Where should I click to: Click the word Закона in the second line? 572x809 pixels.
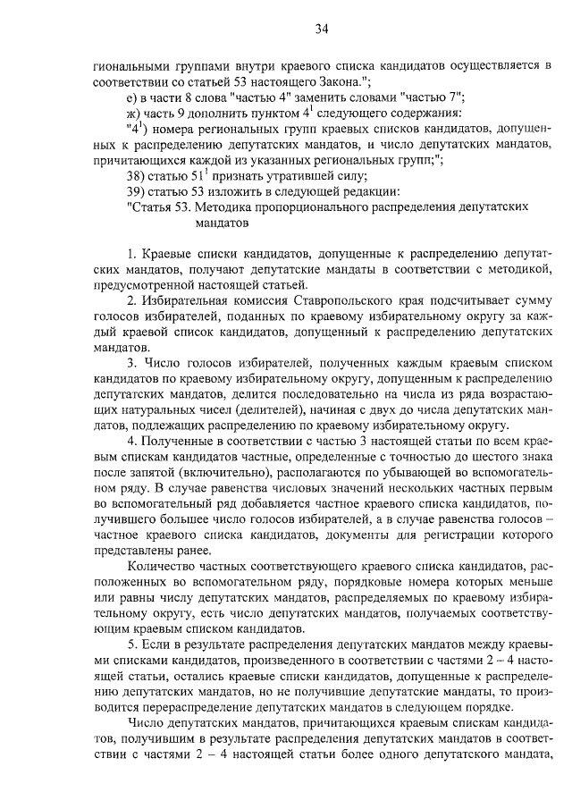pyautogui.click(x=337, y=80)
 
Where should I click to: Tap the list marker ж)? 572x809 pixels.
pyautogui.click(x=135, y=113)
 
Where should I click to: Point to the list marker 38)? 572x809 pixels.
pyautogui.click(x=139, y=178)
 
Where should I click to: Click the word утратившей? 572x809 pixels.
pyautogui.click(x=291, y=178)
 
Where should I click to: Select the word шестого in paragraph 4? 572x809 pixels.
pyautogui.click(x=484, y=458)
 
